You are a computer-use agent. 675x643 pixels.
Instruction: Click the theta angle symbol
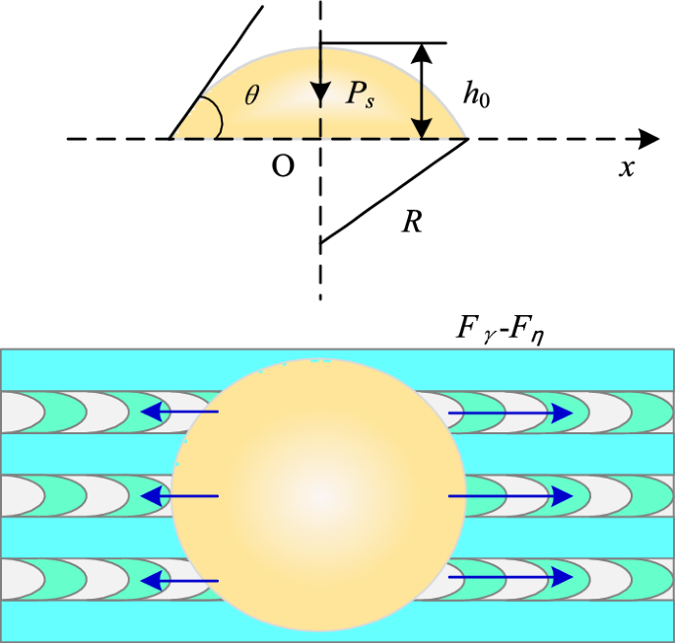point(253,96)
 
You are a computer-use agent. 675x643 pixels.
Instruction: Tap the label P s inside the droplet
point(361,96)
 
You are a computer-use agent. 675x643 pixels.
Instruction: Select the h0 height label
point(478,96)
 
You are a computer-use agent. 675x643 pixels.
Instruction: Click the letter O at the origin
point(283,167)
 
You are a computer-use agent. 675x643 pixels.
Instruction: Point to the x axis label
point(626,167)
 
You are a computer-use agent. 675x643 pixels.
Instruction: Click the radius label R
point(413,222)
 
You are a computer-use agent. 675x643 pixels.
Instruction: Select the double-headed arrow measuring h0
point(423,91)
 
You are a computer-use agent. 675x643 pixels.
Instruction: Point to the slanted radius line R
point(394,190)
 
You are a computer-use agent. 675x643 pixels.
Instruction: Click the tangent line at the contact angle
point(217,72)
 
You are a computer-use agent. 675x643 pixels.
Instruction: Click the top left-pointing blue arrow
point(178,413)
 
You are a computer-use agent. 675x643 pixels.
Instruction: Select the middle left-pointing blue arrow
point(178,495)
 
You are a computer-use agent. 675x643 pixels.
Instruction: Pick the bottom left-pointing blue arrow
point(178,581)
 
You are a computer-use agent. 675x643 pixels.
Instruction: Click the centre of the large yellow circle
point(318,495)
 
